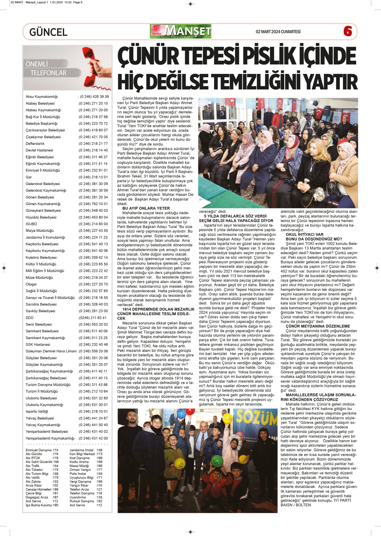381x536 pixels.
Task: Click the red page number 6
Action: click(x=347, y=31)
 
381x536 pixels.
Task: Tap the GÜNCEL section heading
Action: click(x=48, y=32)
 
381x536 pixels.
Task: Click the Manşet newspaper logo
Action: click(x=180, y=31)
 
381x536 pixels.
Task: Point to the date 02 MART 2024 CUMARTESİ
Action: click(x=278, y=32)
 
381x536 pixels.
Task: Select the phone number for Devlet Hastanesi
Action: click(x=93, y=150)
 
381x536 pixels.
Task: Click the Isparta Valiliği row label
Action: click(x=37, y=412)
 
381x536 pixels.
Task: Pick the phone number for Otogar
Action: click(x=93, y=284)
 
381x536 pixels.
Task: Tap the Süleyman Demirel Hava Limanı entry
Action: click(x=51, y=351)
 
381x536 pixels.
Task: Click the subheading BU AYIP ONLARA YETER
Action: click(x=146, y=208)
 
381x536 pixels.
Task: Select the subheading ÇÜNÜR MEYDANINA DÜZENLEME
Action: click(x=318, y=326)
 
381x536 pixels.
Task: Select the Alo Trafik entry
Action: click(x=33, y=466)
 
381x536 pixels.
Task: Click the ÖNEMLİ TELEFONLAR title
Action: click(x=45, y=69)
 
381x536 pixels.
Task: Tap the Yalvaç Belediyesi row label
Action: click(x=40, y=418)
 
